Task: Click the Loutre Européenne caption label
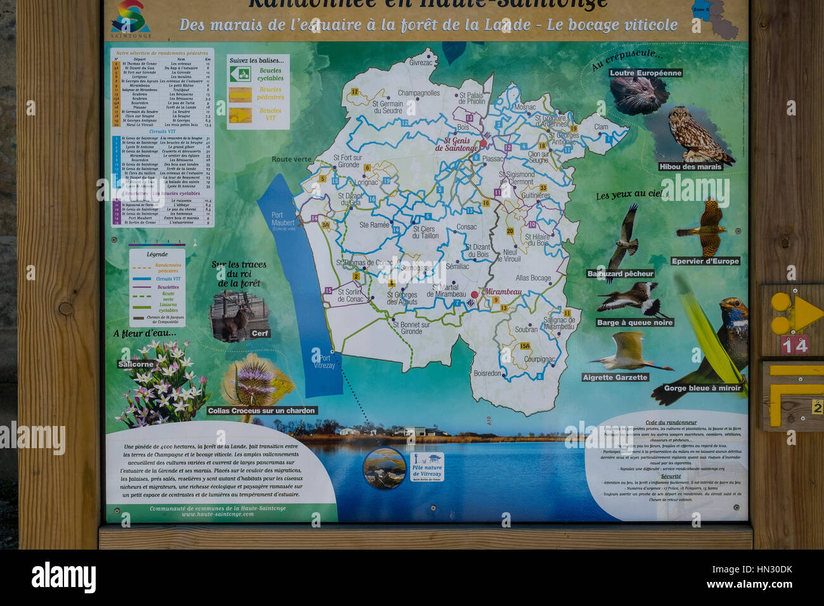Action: click(645, 73)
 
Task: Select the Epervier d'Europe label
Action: click(705, 261)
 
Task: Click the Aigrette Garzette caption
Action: click(615, 377)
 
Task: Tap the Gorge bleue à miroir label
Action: click(702, 388)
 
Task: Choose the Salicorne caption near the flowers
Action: click(136, 364)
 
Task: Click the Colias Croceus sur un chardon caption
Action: click(262, 411)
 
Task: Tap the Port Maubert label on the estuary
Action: click(282, 219)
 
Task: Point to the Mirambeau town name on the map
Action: click(503, 292)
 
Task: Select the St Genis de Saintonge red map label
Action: click(456, 145)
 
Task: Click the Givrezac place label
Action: click(421, 63)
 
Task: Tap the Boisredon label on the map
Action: click(487, 373)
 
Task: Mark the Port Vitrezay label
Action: click(323, 361)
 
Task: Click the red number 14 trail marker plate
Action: click(794, 344)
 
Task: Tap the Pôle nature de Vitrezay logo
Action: click(427, 468)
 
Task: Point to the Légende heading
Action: click(157, 254)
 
